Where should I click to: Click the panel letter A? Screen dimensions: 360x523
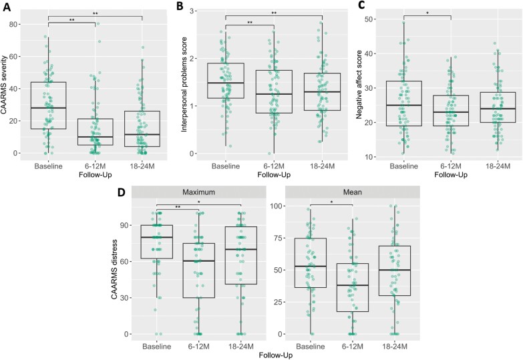coord(6,6)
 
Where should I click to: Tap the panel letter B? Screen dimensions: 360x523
coord(179,6)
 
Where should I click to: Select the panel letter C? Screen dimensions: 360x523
coord(361,6)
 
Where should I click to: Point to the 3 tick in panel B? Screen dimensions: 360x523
coord(197,11)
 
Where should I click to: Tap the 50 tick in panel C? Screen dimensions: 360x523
coord(377,19)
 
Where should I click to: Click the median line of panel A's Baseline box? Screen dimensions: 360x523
coord(48,108)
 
